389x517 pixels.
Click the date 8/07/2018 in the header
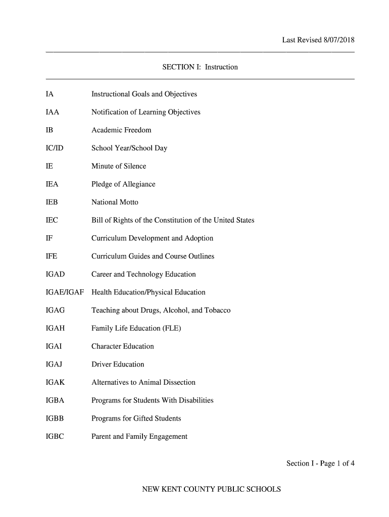tap(338, 40)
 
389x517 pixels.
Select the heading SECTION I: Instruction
tap(200, 67)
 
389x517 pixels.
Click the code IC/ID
tap(55, 148)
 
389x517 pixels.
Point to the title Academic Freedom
tap(121, 130)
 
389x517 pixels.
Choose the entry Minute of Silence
tap(119, 166)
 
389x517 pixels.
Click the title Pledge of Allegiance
tap(123, 184)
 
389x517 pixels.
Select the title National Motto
tap(115, 202)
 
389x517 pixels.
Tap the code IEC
tap(52, 221)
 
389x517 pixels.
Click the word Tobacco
tap(217, 311)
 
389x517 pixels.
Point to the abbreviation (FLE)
tap(172, 329)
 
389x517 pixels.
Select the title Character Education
tap(122, 346)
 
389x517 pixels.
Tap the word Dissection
tap(178, 383)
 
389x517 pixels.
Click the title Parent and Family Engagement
tap(139, 437)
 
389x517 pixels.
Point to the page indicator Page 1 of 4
tap(335, 463)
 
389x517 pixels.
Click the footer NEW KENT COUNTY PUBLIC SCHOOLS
tap(211, 489)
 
